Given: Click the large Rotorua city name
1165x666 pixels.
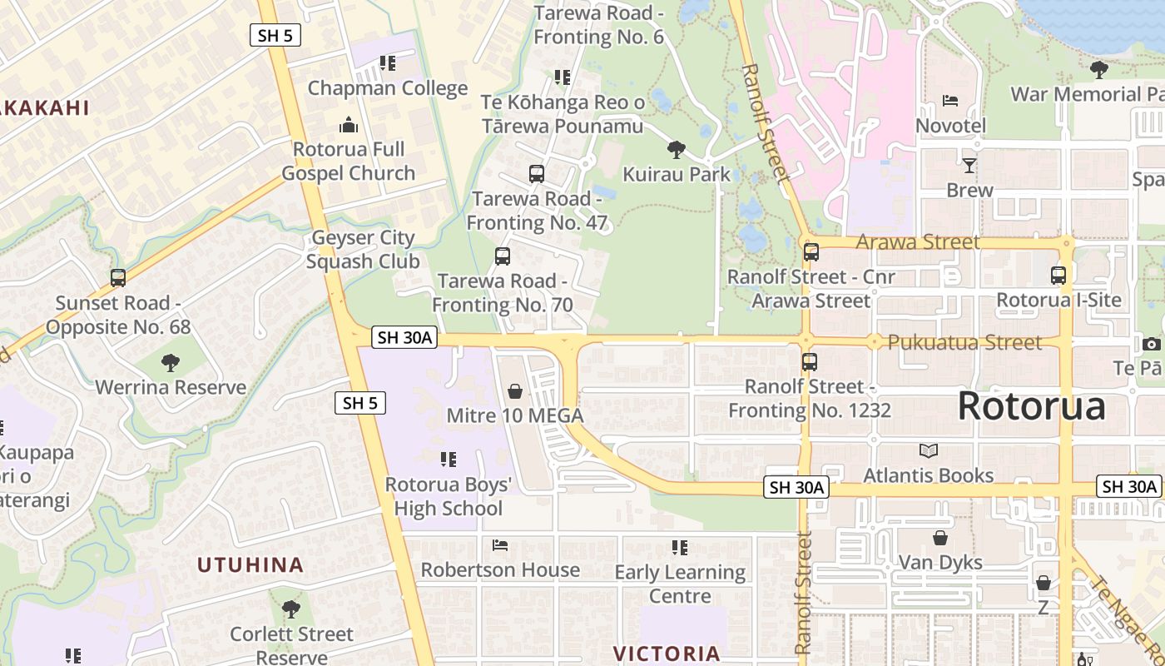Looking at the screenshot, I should pos(1031,406).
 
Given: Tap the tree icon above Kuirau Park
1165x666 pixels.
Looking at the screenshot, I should pos(677,150).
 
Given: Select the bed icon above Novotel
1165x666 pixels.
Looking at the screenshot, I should pos(950,101).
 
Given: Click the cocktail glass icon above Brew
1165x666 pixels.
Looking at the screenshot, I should pos(969,165).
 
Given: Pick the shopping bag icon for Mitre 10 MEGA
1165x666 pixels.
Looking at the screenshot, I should pos(515,390).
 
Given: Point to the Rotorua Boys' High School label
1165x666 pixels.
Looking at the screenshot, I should pos(449,496).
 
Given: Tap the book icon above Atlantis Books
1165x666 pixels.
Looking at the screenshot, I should pos(929,450).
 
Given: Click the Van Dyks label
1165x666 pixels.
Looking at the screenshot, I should pos(940,563).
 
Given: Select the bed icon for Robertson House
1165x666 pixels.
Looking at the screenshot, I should pos(500,545).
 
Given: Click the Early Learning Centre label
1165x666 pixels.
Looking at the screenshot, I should pos(680,584).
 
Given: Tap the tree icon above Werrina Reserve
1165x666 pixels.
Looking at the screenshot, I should pos(171,362).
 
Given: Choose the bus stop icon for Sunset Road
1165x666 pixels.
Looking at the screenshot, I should pos(118,278).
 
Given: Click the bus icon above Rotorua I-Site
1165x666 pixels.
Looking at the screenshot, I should pos(1058,275).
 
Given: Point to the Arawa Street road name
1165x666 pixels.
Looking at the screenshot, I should pos(918,242).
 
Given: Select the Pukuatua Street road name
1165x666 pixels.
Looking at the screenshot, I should pos(964,342).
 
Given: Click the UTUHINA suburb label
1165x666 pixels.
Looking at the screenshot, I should pos(250,565).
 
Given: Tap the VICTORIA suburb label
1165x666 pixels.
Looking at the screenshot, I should pos(667,654).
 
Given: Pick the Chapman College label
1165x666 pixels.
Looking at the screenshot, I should pos(388,88).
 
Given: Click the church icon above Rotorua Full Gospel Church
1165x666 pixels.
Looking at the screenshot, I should pos(349,125).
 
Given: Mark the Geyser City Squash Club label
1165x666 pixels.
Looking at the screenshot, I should pos(362,250).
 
